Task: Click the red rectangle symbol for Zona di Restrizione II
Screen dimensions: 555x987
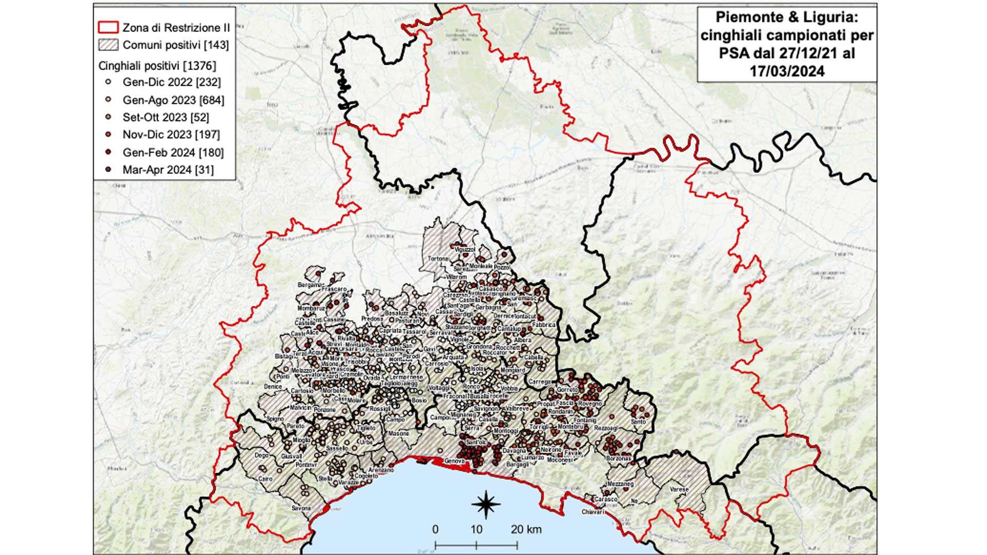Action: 108,27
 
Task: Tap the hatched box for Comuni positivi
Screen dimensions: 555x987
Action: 108,45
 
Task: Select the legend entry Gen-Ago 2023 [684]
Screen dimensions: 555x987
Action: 173,100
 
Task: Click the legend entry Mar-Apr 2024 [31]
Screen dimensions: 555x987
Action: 168,170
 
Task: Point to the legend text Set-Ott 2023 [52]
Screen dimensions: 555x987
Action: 166,117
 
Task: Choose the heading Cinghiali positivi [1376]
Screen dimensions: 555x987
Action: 157,66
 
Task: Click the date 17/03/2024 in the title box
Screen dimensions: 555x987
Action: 787,71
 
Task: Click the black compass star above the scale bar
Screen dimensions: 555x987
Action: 485,504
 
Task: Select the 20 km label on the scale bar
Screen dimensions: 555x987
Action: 526,529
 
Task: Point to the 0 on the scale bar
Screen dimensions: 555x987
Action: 435,529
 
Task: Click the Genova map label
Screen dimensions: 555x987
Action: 454,461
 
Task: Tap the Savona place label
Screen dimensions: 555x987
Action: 301,508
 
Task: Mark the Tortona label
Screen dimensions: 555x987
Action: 438,259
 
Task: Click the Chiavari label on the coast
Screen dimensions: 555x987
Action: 593,512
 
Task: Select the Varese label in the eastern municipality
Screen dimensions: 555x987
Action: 679,490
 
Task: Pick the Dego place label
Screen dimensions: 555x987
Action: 262,455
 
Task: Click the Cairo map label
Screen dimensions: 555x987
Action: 265,479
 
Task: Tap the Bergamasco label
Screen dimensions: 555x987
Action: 310,285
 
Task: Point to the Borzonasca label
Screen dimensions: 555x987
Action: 618,458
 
